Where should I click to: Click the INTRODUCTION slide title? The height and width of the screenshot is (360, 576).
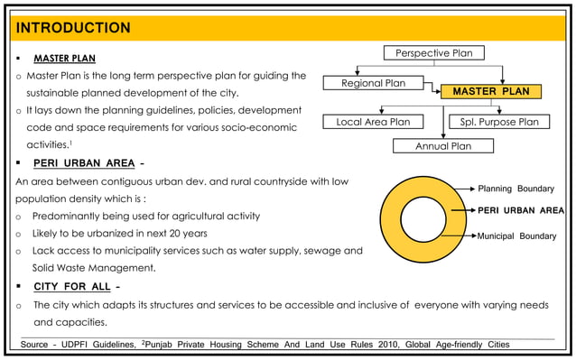coord(72,28)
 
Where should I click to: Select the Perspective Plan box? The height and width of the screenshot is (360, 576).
coord(434,53)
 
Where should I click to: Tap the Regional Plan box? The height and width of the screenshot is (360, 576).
coord(374,84)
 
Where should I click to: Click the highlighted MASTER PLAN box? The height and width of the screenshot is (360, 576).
coord(491,92)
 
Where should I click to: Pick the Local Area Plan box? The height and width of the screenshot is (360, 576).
coord(373,122)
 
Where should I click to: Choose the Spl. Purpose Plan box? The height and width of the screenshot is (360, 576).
coord(499,122)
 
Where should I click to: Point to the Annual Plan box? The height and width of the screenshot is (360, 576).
coord(442,145)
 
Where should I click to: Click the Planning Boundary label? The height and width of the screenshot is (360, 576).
coord(516,189)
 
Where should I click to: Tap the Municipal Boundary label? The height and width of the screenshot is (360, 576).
coord(516,236)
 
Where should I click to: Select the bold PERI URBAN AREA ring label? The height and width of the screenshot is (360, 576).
coord(521,210)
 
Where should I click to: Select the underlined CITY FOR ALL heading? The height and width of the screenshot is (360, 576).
coord(72,287)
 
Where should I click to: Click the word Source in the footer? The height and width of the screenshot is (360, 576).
coord(35,345)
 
